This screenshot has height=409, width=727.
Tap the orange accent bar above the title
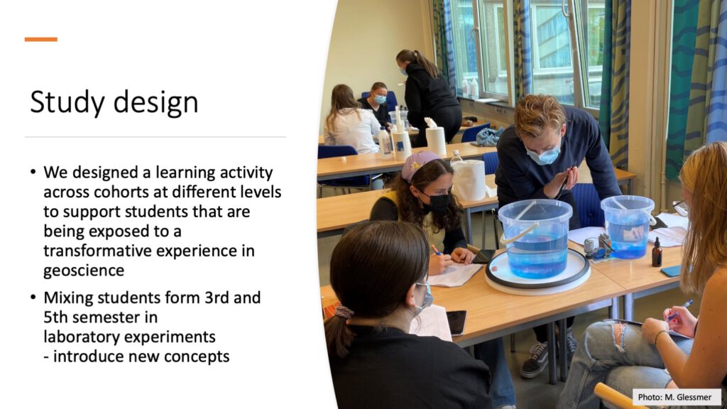coord(40,40)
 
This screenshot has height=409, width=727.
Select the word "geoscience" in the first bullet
coord(84,271)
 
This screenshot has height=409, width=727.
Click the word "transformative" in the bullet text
coord(97,251)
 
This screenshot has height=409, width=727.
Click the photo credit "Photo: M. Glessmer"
coord(674,397)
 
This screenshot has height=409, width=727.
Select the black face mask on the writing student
coord(439,202)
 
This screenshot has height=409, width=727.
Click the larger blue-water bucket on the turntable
coord(535,238)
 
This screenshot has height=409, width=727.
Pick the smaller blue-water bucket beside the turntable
coord(628,227)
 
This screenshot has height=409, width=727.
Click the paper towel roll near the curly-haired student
coord(469,180)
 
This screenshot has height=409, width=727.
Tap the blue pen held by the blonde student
coord(679,309)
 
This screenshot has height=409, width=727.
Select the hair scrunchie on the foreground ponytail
coord(344,312)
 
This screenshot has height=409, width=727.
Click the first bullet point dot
coord(33,173)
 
